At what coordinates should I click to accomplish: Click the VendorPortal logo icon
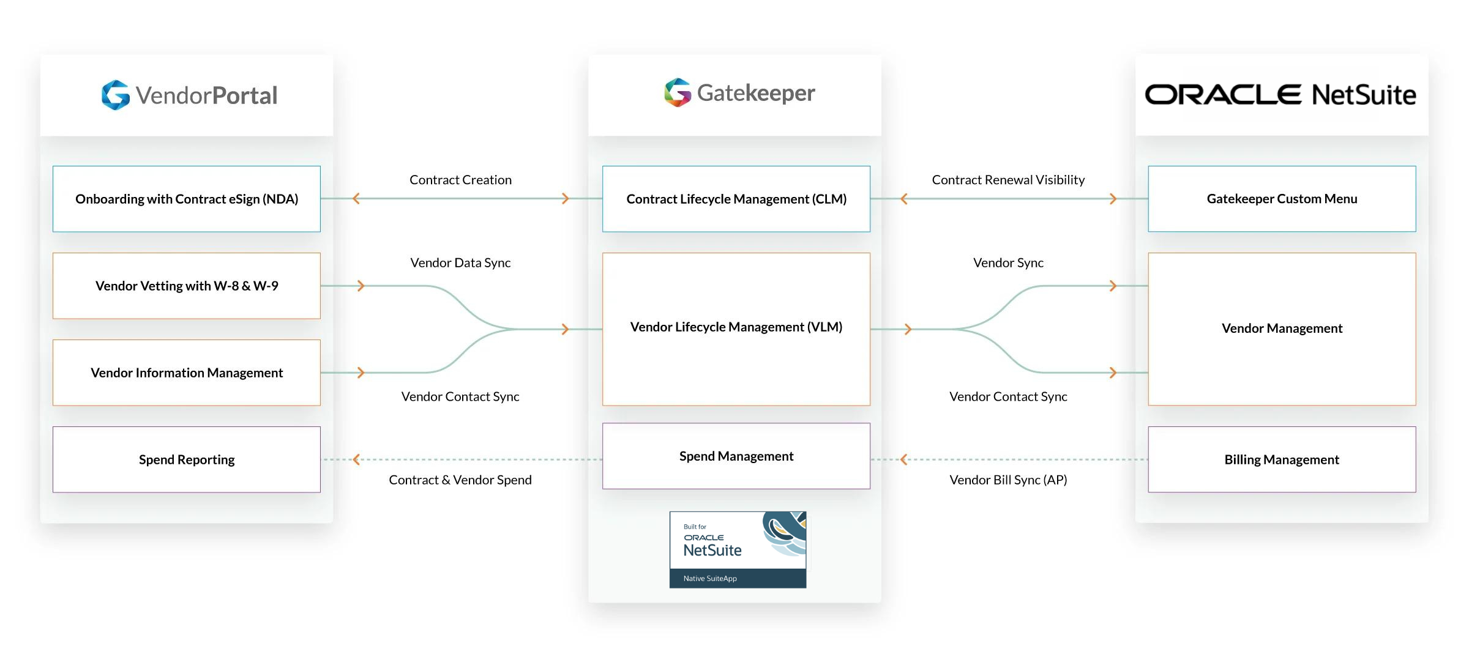pyautogui.click(x=115, y=95)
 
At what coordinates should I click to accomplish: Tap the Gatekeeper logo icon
pyautogui.click(x=678, y=92)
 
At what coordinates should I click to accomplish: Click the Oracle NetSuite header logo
pyautogui.click(x=1280, y=95)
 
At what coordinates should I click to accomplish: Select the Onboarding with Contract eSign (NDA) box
pyautogui.click(x=187, y=199)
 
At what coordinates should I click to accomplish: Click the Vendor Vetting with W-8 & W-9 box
pyautogui.click(x=187, y=286)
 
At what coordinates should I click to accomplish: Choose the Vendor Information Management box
pyautogui.click(x=187, y=373)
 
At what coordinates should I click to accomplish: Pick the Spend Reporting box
pyautogui.click(x=187, y=459)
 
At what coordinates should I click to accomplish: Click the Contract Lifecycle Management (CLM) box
pyautogui.click(x=736, y=199)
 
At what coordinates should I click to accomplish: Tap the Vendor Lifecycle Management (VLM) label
pyautogui.click(x=736, y=327)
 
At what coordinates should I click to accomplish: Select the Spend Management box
pyautogui.click(x=736, y=456)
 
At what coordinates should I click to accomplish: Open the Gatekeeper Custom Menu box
pyautogui.click(x=1282, y=199)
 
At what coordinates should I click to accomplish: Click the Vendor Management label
pyautogui.click(x=1282, y=328)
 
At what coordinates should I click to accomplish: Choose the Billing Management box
pyautogui.click(x=1282, y=459)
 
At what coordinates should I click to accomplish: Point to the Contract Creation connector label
pyautogui.click(x=460, y=180)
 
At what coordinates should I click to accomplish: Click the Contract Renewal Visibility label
pyautogui.click(x=1008, y=180)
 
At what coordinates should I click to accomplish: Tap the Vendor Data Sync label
pyautogui.click(x=460, y=263)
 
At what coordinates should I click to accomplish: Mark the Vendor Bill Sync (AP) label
pyautogui.click(x=1008, y=480)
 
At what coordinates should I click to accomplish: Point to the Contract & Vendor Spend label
pyautogui.click(x=460, y=480)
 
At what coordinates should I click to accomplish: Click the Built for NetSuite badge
pyautogui.click(x=738, y=549)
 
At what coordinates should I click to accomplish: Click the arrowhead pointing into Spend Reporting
pyautogui.click(x=356, y=459)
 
